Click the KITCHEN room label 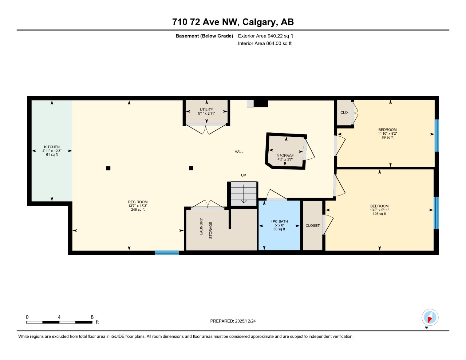pyautogui.click(x=52, y=147)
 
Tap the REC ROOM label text pyautogui.click(x=138, y=202)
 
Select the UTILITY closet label pyautogui.click(x=206, y=110)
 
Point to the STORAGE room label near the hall pyautogui.click(x=285, y=155)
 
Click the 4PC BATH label pyautogui.click(x=279, y=221)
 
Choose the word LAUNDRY pyautogui.click(x=201, y=226)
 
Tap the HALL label pyautogui.click(x=239, y=151)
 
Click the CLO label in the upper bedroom pyautogui.click(x=344, y=112)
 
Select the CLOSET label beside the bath pyautogui.click(x=312, y=226)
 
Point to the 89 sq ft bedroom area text pyautogui.click(x=387, y=138)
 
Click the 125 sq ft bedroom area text pyautogui.click(x=379, y=214)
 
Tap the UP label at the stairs pyautogui.click(x=244, y=175)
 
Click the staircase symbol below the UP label pyautogui.click(x=244, y=193)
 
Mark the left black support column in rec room pyautogui.click(x=108, y=168)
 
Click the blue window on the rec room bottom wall pyautogui.click(x=167, y=253)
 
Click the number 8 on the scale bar pyautogui.click(x=92, y=317)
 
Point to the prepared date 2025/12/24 pyautogui.click(x=245, y=321)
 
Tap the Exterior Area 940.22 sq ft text pyautogui.click(x=265, y=36)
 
